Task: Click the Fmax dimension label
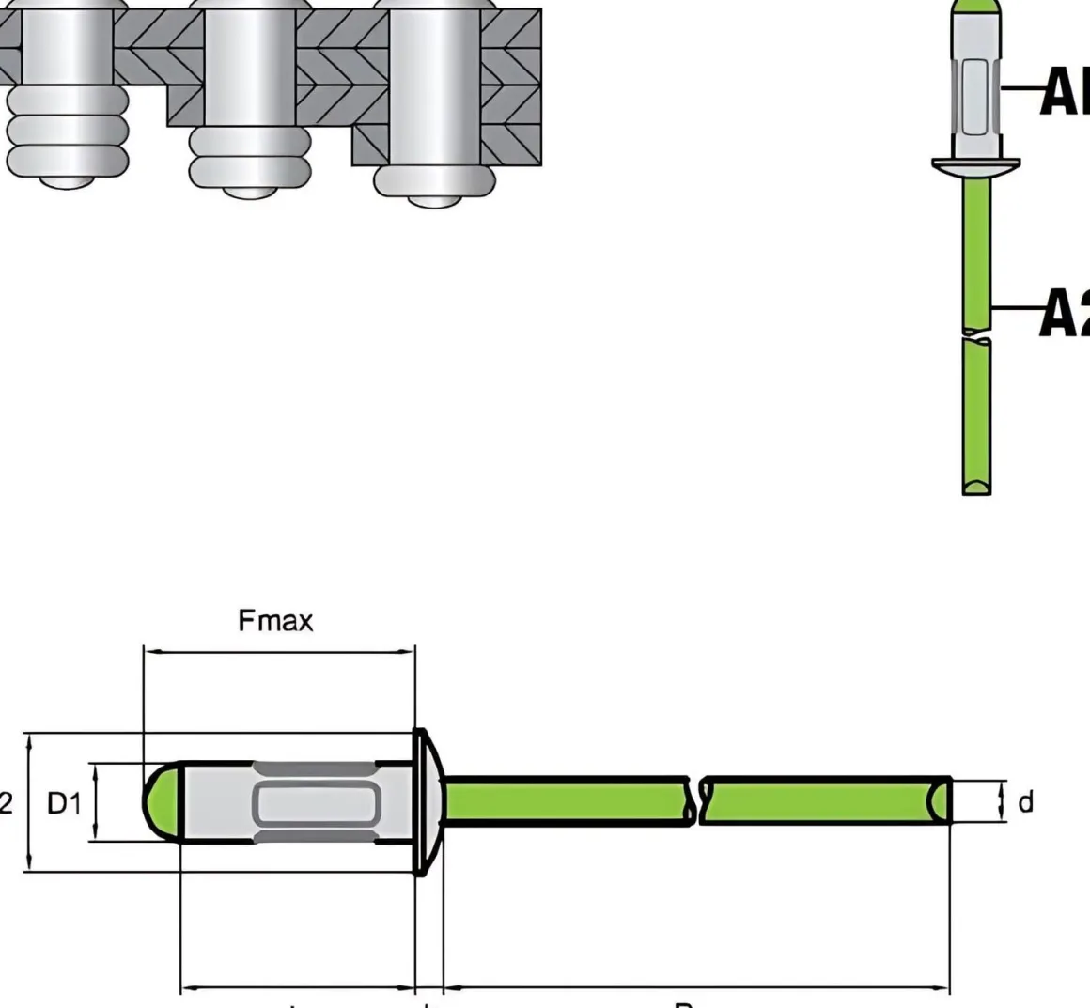coord(275,621)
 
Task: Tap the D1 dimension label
coord(65,803)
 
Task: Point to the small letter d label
coord(1025,801)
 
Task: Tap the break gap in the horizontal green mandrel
coord(697,801)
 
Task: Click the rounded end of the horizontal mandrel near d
coord(940,801)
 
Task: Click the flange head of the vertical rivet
coord(975,166)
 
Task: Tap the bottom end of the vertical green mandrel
coord(977,484)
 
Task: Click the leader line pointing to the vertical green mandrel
coord(1018,307)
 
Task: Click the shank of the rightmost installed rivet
coord(433,85)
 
